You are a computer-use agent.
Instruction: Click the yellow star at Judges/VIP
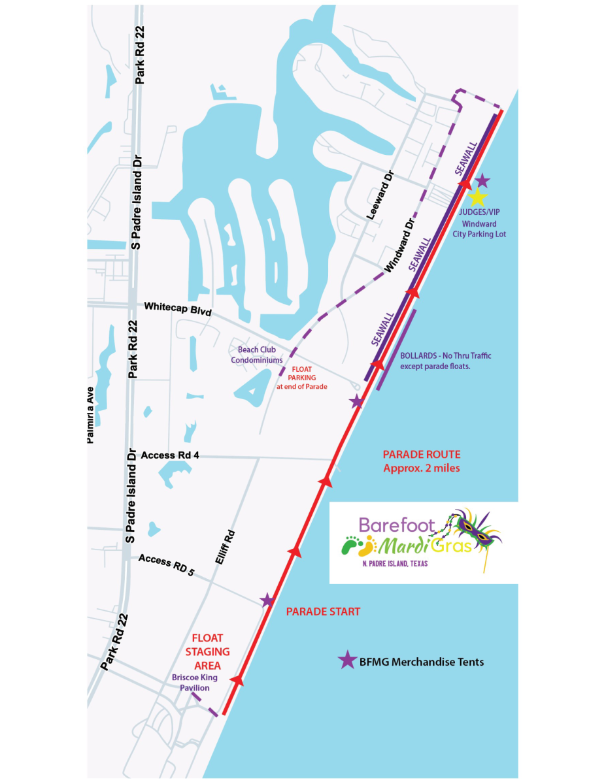tap(478, 197)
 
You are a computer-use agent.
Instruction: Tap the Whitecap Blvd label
tap(178, 308)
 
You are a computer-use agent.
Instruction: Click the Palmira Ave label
tap(92, 414)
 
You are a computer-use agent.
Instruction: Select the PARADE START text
tap(323, 612)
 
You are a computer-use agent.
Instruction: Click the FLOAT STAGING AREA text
tap(207, 651)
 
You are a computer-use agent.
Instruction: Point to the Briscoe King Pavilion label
tap(191, 683)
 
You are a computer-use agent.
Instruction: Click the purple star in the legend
tap(347, 661)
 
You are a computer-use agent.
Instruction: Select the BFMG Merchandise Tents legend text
tap(422, 662)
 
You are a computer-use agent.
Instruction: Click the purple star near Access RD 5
tap(267, 600)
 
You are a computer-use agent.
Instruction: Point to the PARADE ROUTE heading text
tap(422, 455)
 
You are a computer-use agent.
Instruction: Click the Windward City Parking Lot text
tap(484, 229)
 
